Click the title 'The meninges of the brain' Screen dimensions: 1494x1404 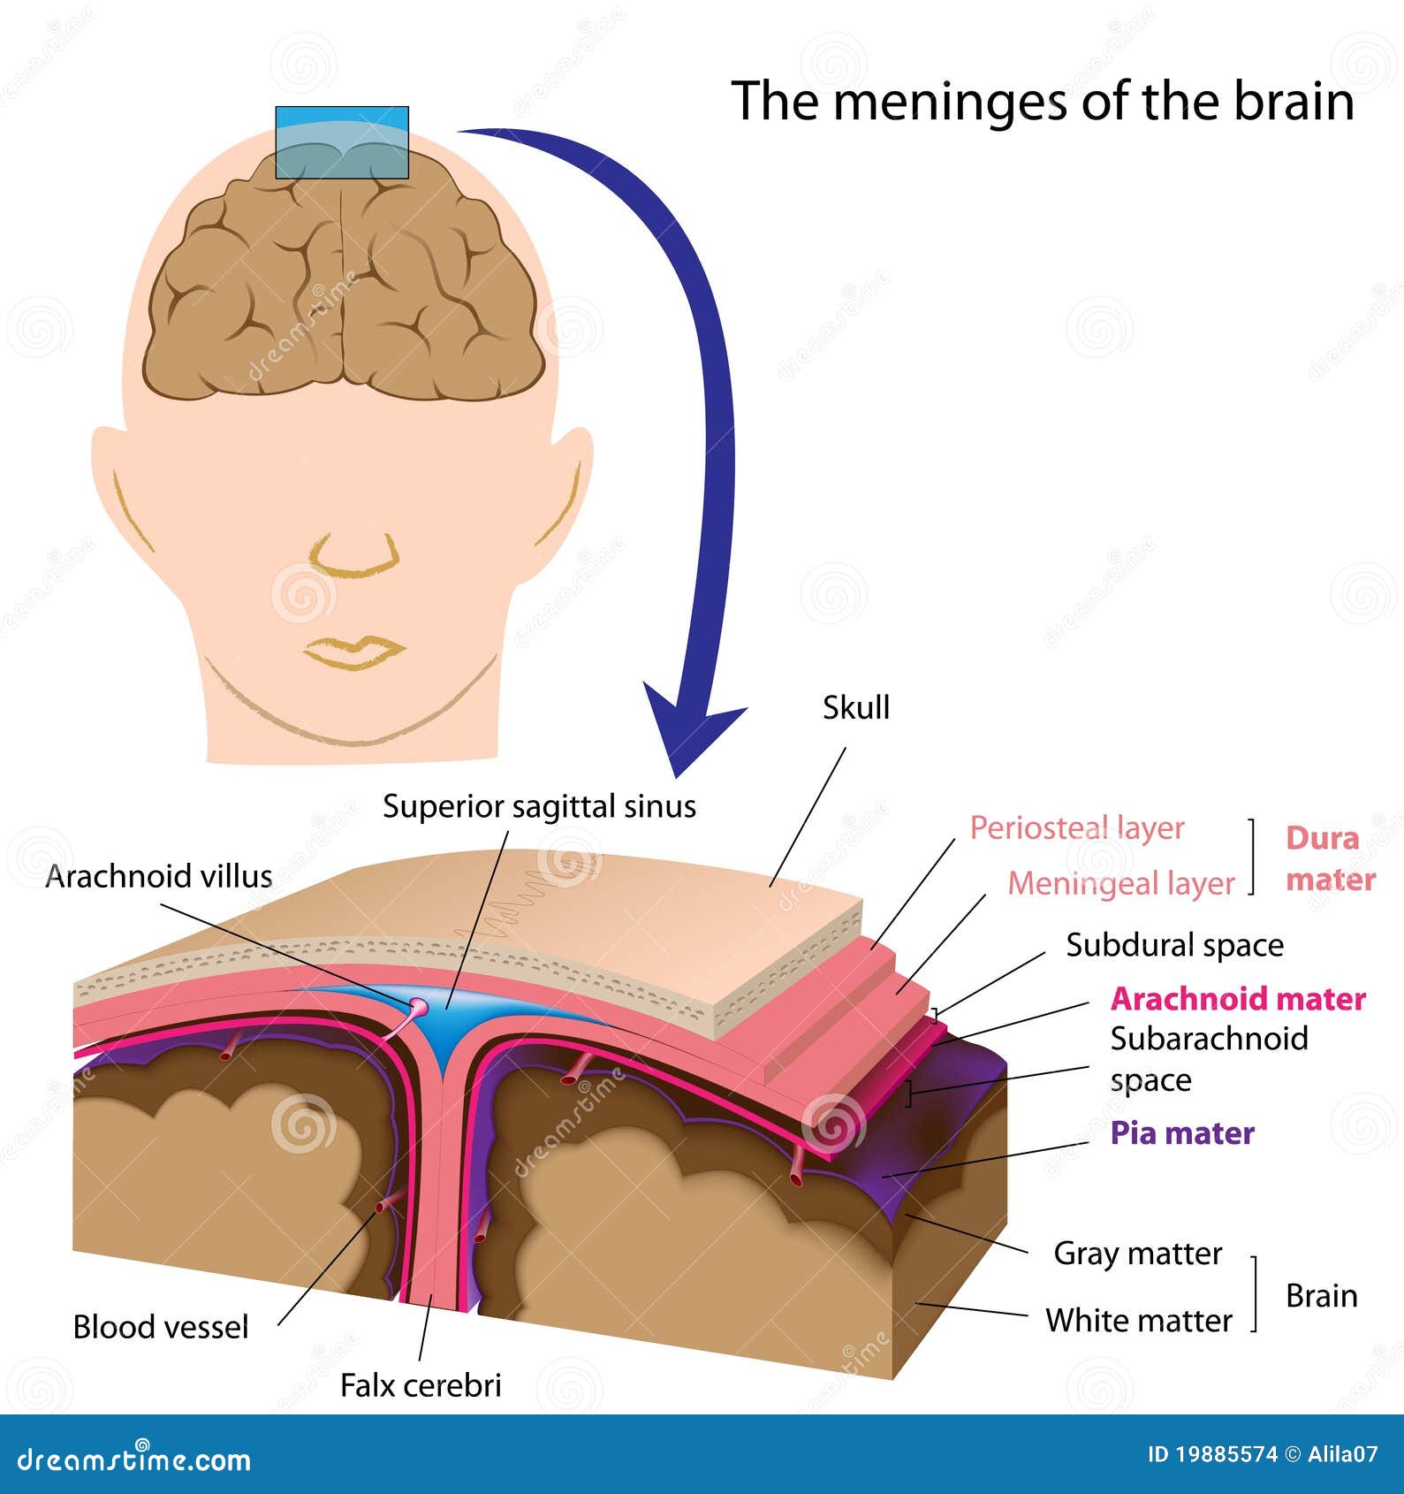[x=1043, y=101]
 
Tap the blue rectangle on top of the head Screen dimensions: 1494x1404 [x=342, y=142]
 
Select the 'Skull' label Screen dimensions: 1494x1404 [x=855, y=707]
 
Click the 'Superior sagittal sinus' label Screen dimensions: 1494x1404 [x=539, y=806]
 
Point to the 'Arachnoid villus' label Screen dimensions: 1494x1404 [x=159, y=876]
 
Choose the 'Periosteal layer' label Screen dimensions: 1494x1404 [x=1076, y=827]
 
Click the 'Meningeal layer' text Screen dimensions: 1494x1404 [x=1120, y=883]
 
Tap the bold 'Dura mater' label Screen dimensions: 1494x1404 [x=1329, y=858]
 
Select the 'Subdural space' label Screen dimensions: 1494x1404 [x=1174, y=945]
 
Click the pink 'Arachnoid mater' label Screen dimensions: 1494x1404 [x=1237, y=999]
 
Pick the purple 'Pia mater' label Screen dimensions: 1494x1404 [x=1181, y=1133]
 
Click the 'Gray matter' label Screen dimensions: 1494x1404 [x=1137, y=1253]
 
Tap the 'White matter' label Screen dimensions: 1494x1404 [x=1138, y=1320]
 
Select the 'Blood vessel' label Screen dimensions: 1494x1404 [x=161, y=1327]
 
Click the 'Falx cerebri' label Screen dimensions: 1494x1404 [x=421, y=1384]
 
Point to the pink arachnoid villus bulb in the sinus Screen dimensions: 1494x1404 [x=418, y=1007]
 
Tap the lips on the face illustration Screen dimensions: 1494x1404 [x=354, y=652]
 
